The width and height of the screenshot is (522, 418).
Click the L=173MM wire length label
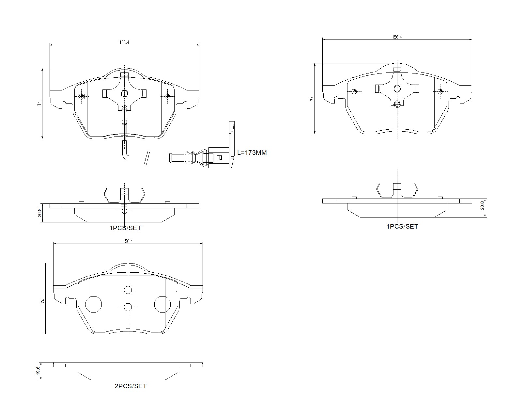(252, 153)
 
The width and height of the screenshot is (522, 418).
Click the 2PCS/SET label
(130, 386)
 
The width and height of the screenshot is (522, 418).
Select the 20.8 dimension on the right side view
(482, 206)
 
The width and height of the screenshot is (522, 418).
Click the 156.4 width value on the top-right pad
(397, 37)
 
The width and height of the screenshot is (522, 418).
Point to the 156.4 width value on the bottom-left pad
(128, 241)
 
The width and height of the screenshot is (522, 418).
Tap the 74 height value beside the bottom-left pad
(42, 301)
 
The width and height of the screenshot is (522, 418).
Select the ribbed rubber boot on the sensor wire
(193, 157)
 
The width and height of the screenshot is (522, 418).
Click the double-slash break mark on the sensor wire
(147, 158)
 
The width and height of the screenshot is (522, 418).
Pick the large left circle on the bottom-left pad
(94, 304)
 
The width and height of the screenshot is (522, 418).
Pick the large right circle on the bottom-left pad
(162, 304)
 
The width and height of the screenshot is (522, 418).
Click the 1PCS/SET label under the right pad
(402, 226)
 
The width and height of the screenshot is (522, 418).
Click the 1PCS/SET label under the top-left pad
(125, 228)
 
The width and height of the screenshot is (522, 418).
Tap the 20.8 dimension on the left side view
(39, 212)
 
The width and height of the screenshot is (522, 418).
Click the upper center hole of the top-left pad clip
(124, 94)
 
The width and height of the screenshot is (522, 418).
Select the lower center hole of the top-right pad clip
(397, 104)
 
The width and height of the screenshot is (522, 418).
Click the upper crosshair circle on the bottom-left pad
(128, 290)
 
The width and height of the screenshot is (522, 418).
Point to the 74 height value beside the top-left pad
(39, 104)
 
